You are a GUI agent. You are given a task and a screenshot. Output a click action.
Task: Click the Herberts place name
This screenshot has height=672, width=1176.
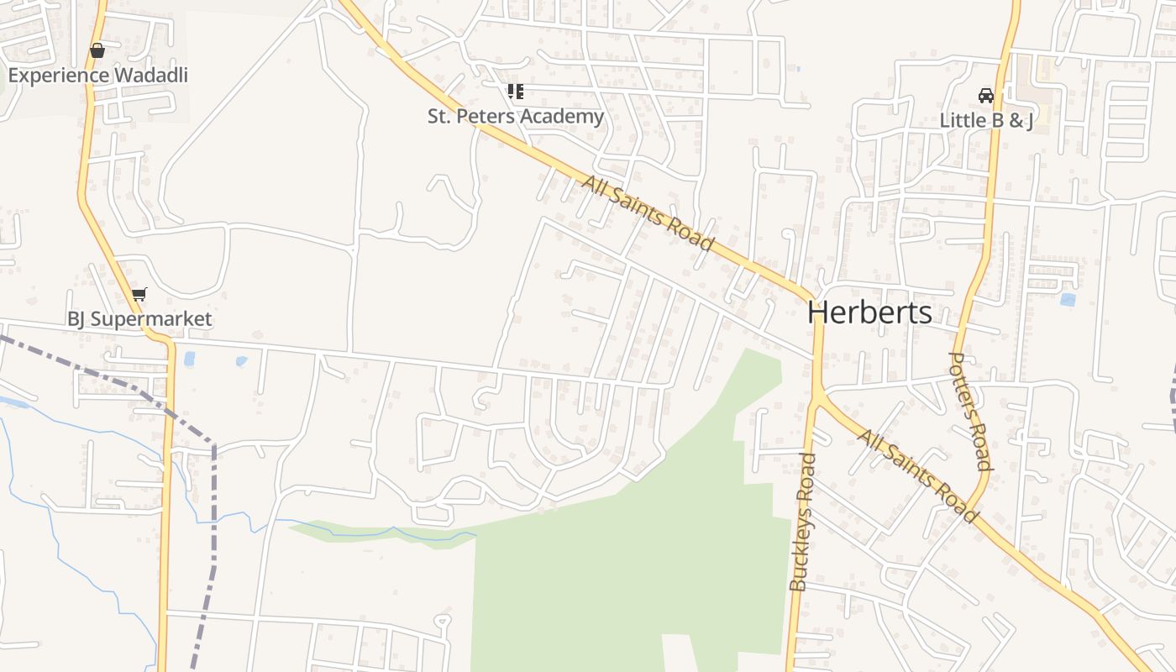869,312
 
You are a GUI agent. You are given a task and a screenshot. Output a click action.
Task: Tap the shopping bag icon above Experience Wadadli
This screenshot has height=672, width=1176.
97,50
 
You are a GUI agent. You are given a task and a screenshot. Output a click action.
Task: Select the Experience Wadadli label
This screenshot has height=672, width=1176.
97,75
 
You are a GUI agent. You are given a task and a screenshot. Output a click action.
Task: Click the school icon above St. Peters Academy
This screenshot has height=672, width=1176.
516,91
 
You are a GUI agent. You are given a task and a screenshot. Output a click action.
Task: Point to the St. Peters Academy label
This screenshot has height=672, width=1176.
516,116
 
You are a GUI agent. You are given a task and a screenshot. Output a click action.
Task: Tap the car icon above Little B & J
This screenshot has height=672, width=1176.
986,95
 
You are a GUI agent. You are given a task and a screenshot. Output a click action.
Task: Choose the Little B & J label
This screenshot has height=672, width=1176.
986,120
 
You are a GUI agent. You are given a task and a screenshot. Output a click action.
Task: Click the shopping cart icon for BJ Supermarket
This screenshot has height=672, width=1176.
139,294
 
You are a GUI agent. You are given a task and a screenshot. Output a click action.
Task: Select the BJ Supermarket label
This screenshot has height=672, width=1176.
139,319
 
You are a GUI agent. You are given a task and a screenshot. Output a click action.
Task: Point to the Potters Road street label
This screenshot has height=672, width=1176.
970,410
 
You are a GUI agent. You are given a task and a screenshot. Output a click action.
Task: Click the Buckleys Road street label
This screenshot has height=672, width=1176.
803,522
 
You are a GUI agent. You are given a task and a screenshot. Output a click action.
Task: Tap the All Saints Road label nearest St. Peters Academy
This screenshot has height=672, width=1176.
648,213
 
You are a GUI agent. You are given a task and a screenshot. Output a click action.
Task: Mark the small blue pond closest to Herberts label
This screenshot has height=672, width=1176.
1068,299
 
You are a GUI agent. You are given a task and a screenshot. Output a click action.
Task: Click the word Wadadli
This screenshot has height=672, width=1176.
151,75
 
